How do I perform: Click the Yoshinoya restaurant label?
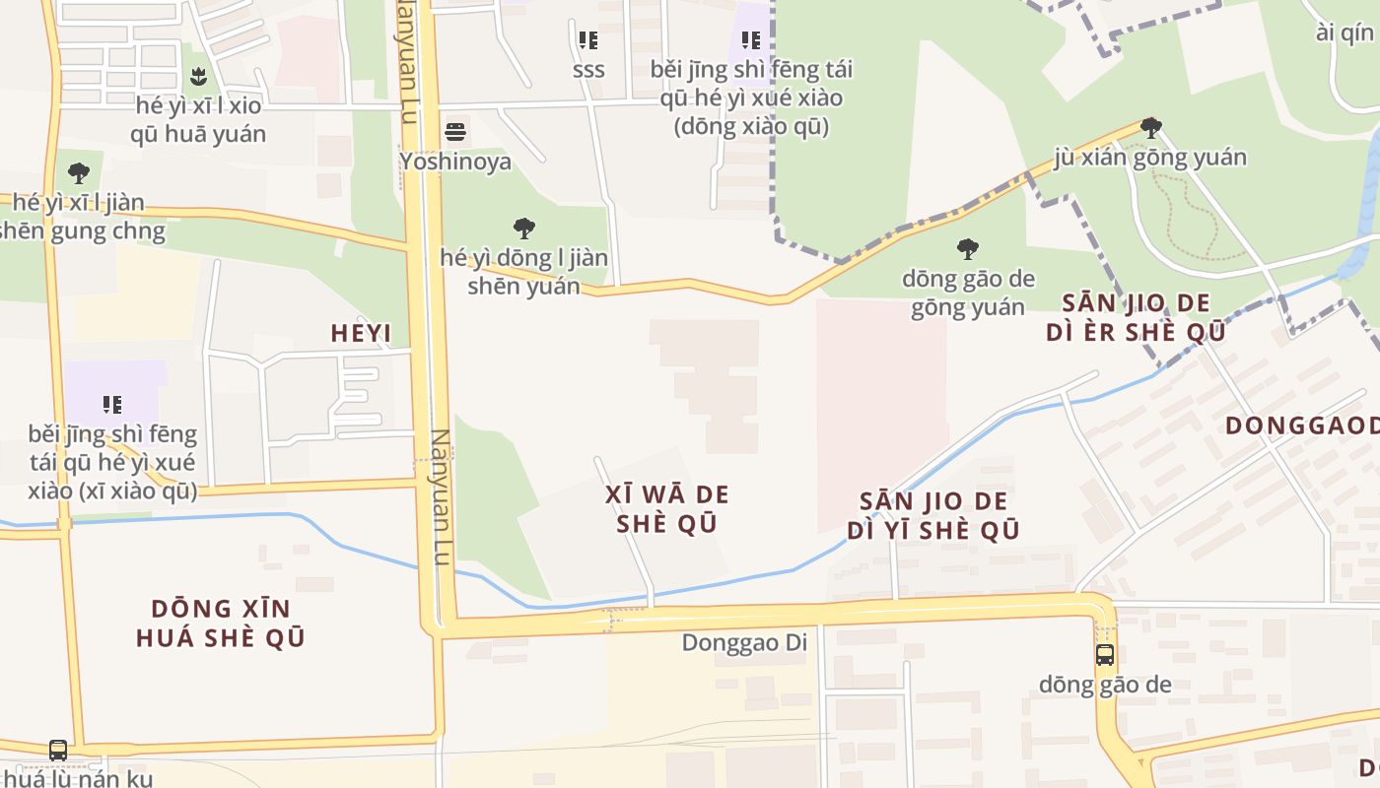tap(455, 161)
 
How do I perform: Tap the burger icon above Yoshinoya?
tap(455, 131)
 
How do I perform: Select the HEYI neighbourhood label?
tap(361, 334)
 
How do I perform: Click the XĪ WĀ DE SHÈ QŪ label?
tap(667, 508)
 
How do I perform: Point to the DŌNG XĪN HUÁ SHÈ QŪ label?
tap(221, 623)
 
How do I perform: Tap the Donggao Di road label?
tap(744, 643)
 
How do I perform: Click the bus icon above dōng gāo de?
tap(1105, 655)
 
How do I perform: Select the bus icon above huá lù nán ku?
tap(58, 751)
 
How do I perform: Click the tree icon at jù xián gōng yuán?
tap(1150, 128)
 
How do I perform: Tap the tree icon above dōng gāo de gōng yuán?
tap(968, 248)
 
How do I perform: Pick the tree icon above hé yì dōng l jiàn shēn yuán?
tap(524, 229)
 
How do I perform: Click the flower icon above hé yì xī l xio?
tap(198, 76)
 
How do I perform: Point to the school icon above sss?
tap(587, 40)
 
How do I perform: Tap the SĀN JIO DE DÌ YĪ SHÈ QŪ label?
tap(932, 516)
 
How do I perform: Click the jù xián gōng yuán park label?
tap(1149, 158)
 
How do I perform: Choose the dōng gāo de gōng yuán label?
tap(968, 293)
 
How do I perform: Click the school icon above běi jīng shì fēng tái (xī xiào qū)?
tap(112, 404)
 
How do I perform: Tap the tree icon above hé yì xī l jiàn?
tap(79, 174)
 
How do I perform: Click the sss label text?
tap(588, 70)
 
